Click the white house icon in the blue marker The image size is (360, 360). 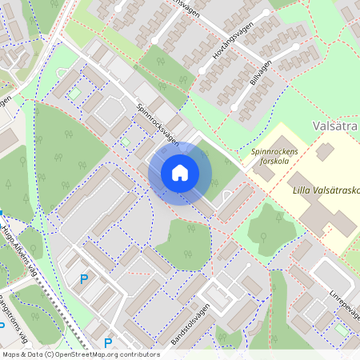point(180,173)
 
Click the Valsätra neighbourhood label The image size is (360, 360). point(333,127)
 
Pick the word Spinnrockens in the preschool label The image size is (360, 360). point(274,151)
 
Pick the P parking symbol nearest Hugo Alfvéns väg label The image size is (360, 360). point(83,278)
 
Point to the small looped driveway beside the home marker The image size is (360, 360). point(226,195)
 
